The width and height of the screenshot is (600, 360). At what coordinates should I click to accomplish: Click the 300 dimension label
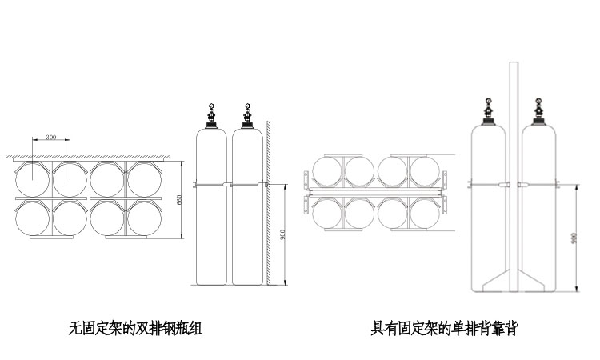coord(51,138)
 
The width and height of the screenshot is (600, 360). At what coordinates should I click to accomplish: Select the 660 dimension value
coord(179,200)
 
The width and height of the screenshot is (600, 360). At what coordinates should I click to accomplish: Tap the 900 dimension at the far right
coord(574,238)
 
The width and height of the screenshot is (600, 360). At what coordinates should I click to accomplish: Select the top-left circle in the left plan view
coord(33,178)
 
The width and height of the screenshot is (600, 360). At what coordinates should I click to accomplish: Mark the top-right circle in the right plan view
coord(425,172)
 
